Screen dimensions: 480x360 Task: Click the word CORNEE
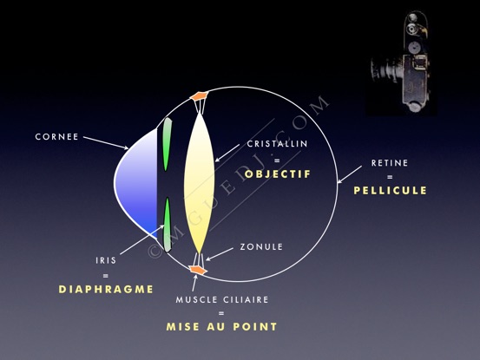click(x=56, y=137)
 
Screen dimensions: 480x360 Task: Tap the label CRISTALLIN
click(x=278, y=144)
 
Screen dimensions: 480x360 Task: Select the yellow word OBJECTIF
click(x=278, y=174)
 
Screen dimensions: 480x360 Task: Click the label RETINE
click(x=390, y=163)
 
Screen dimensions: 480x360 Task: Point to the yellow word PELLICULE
click(x=390, y=191)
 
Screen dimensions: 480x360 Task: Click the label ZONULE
click(x=261, y=247)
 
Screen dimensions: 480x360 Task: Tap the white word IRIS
click(x=106, y=260)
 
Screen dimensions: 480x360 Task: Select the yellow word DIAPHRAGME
click(x=106, y=290)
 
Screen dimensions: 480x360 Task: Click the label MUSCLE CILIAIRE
click(x=222, y=300)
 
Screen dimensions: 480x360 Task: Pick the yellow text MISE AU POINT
click(x=221, y=327)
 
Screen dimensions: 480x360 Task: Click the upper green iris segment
click(x=167, y=144)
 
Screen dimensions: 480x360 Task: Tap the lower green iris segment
click(x=168, y=225)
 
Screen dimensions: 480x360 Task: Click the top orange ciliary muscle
click(x=200, y=96)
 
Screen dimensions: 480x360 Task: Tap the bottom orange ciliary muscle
click(x=198, y=270)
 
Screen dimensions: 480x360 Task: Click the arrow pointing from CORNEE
click(x=106, y=143)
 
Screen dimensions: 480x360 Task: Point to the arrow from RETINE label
click(x=349, y=174)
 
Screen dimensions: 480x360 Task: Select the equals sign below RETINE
click(x=390, y=177)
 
